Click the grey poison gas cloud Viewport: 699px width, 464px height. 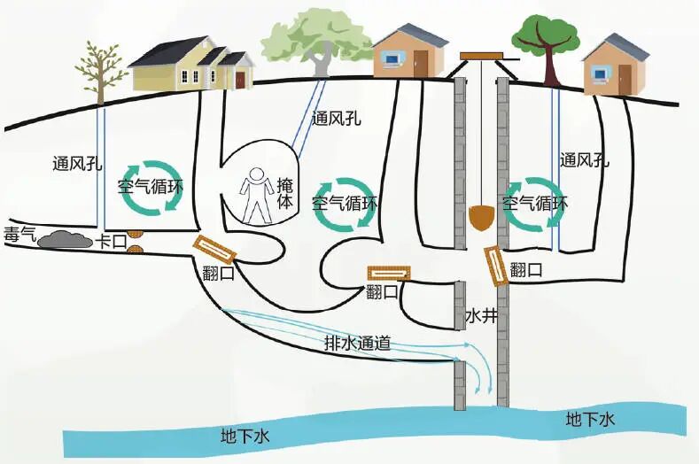click(x=63, y=240)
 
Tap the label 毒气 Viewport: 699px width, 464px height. click(x=19, y=235)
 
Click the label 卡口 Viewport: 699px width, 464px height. click(x=111, y=243)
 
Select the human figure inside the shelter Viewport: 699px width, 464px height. click(x=256, y=195)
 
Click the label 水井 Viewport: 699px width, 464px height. click(x=481, y=315)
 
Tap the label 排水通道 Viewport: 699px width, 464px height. click(x=358, y=343)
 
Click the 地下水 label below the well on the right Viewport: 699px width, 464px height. click(x=590, y=420)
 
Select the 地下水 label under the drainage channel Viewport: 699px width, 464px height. click(x=245, y=436)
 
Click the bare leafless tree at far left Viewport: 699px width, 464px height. click(x=100, y=73)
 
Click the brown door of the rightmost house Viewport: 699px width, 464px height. click(x=625, y=80)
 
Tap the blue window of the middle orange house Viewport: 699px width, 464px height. click(x=392, y=58)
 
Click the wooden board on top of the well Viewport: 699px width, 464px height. click(x=481, y=56)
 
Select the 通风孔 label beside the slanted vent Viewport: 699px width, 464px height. click(x=336, y=119)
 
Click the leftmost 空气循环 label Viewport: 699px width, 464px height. click(x=151, y=186)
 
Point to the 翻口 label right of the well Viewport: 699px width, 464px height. click(x=526, y=270)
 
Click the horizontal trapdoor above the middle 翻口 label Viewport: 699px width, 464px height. click(x=388, y=274)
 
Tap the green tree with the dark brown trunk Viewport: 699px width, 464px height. click(x=546, y=49)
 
